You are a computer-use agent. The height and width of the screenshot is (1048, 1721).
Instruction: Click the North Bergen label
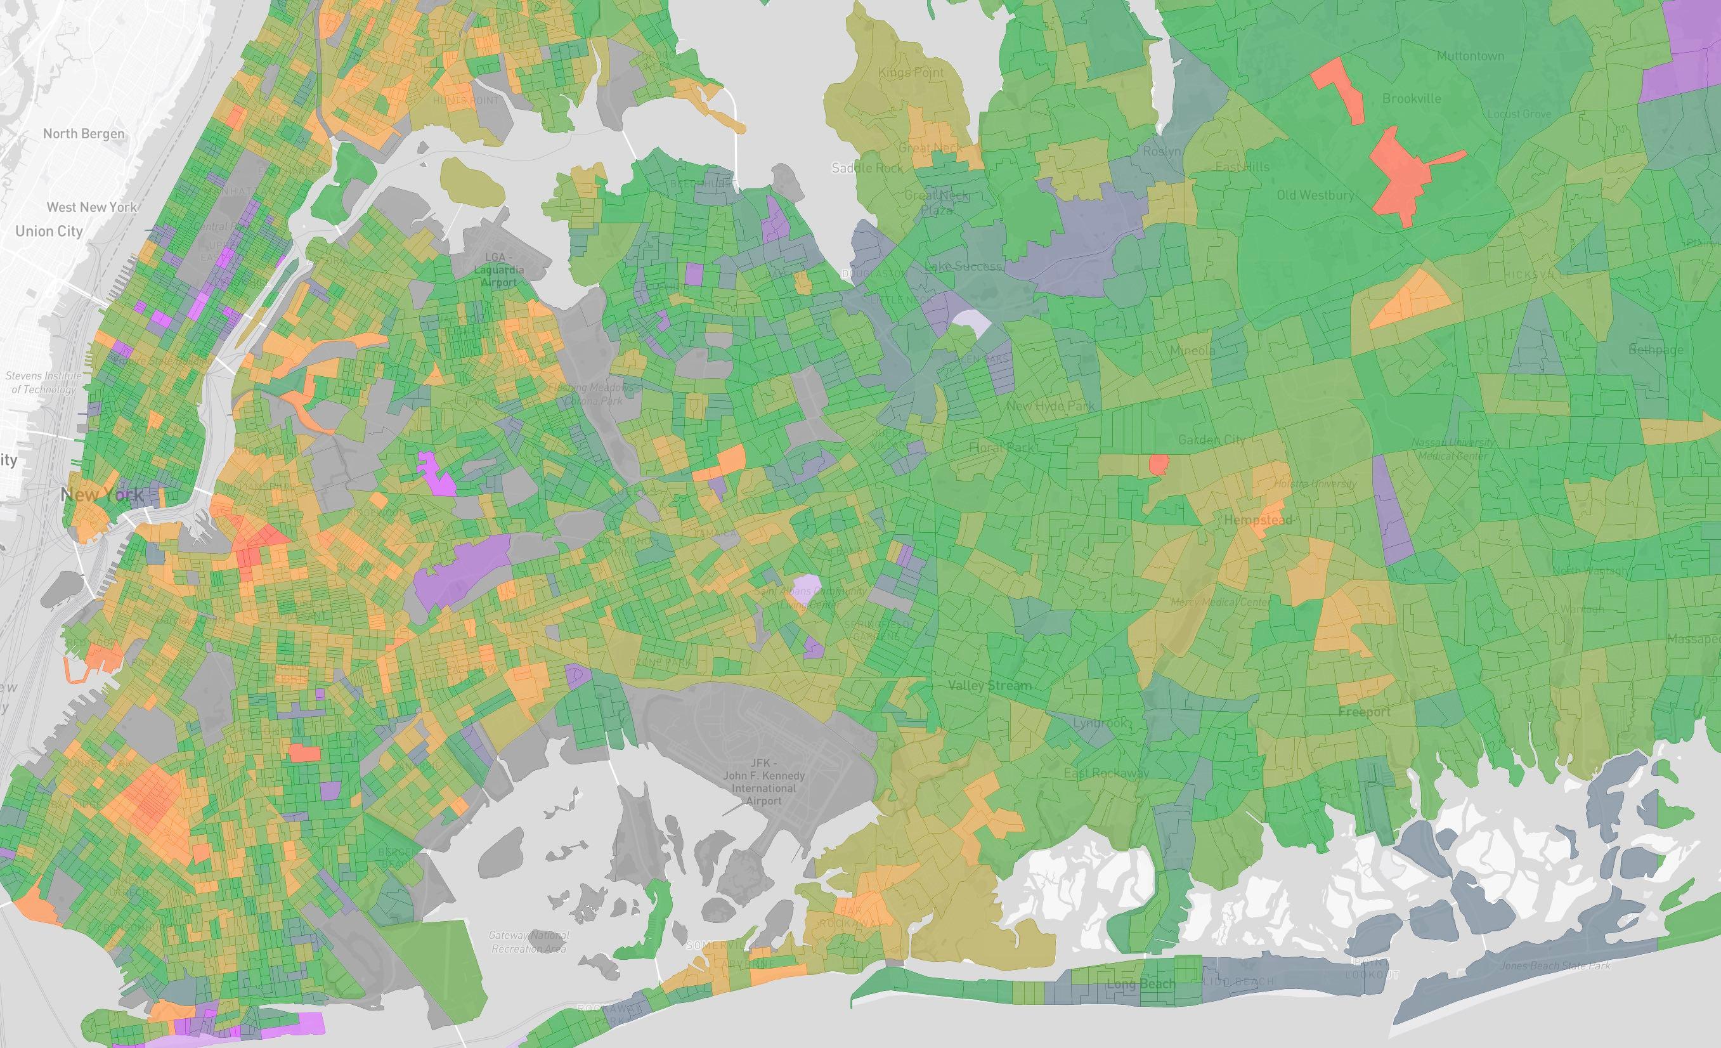[x=84, y=133]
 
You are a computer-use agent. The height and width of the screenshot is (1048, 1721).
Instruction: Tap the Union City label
[x=49, y=232]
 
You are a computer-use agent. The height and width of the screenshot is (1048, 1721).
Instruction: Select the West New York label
[x=92, y=207]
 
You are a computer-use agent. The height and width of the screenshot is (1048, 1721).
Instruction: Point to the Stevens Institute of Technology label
[x=43, y=382]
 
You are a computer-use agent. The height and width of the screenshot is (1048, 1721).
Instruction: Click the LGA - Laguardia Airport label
[x=498, y=270]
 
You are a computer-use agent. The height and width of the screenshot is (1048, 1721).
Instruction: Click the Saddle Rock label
[x=867, y=167]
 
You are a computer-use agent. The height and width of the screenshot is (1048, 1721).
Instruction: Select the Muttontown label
[x=1471, y=56]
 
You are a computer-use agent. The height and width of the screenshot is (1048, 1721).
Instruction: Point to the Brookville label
[x=1412, y=98]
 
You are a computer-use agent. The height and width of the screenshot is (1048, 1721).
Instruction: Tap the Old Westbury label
[x=1315, y=195]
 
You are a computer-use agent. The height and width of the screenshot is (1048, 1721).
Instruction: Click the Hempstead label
[x=1258, y=520]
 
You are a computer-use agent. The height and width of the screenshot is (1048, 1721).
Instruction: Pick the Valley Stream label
[x=989, y=685]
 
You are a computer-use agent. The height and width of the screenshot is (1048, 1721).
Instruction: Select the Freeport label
[x=1364, y=712]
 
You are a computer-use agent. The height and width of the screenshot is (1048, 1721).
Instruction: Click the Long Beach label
[x=1141, y=984]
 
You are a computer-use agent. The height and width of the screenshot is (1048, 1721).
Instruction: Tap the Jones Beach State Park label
[x=1555, y=966]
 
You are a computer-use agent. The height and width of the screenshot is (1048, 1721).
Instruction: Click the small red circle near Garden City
[x=1159, y=464]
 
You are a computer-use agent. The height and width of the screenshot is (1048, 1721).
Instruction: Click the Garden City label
[x=1211, y=440]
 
